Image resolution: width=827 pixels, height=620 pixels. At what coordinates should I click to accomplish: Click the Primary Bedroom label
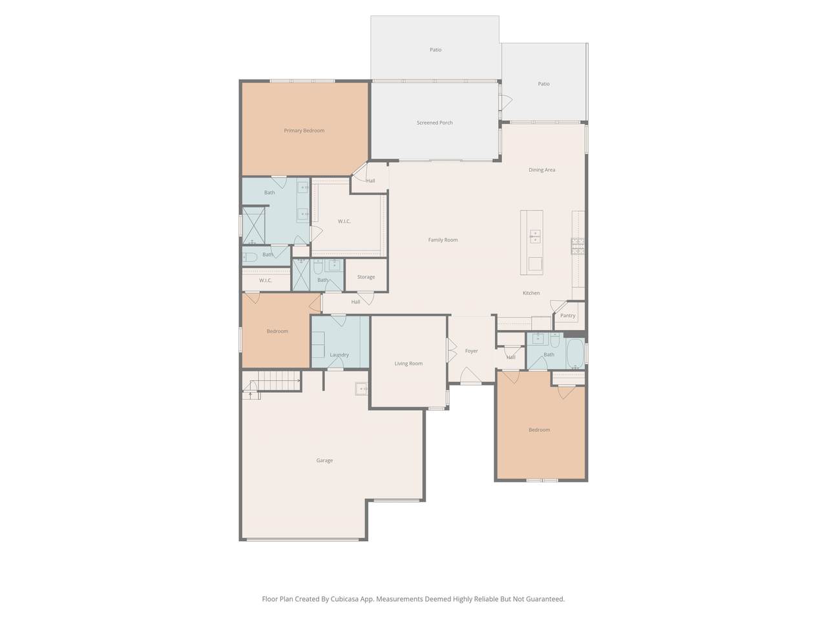[x=304, y=130]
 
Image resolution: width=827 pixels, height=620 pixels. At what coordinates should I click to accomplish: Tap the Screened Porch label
[x=434, y=123]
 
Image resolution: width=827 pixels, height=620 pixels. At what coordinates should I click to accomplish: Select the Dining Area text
[x=541, y=170]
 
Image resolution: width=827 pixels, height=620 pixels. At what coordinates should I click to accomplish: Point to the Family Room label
[x=443, y=240]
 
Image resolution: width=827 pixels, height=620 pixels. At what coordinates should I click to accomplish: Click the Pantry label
[x=567, y=315]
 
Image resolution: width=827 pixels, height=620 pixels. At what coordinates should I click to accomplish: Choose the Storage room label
[x=366, y=277]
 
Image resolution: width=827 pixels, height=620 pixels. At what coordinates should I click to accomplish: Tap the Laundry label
[x=339, y=355]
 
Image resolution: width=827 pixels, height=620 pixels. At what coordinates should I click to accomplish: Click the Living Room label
[x=408, y=364]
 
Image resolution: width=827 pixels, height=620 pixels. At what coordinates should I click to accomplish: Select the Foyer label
[x=472, y=351]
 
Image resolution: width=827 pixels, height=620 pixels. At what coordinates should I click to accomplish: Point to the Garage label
[x=324, y=460]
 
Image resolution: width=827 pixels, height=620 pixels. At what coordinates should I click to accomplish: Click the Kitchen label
[x=531, y=293]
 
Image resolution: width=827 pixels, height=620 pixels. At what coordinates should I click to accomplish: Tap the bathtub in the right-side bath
[x=575, y=353]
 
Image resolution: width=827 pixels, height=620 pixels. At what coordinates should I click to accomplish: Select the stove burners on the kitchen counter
[x=578, y=246]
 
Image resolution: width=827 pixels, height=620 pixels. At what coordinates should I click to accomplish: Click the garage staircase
[x=271, y=381]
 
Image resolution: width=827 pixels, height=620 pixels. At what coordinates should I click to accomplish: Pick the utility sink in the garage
[x=361, y=389]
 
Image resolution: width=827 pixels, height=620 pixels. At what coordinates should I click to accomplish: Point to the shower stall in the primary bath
[x=253, y=225]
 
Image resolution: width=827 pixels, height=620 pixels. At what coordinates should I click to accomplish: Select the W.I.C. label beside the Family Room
[x=344, y=222]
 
